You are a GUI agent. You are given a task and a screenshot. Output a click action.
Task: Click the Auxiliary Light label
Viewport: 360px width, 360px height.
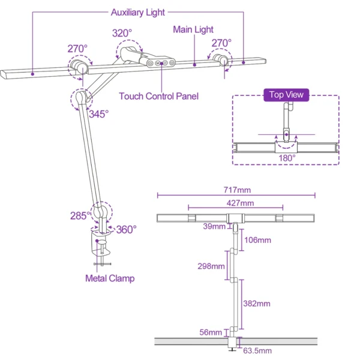(137, 12)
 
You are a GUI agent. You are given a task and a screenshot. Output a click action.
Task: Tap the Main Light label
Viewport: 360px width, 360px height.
(193, 29)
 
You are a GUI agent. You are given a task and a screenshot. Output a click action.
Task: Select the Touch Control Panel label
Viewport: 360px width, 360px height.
(158, 96)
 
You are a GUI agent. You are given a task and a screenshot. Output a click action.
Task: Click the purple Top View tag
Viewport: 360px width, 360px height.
(286, 95)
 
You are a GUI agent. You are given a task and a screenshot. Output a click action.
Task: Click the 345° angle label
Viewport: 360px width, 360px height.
(98, 113)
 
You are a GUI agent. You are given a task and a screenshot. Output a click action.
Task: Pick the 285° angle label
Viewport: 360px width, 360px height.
(79, 216)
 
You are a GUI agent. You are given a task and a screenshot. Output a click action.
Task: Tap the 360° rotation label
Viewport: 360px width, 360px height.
(126, 229)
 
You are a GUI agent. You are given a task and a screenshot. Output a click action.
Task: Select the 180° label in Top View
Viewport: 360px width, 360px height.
(286, 158)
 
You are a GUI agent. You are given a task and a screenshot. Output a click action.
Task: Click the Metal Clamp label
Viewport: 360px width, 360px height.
(109, 278)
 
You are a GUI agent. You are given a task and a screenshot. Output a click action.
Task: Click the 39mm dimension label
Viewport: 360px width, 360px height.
(214, 226)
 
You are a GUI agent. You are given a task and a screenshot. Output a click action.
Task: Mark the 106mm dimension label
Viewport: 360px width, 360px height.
(258, 240)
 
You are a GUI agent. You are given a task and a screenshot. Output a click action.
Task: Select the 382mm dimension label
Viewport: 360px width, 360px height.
(258, 304)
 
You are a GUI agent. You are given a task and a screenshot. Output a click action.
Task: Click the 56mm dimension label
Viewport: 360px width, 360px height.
(212, 331)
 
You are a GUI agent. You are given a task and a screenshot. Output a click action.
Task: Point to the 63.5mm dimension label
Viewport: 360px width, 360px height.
(257, 351)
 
